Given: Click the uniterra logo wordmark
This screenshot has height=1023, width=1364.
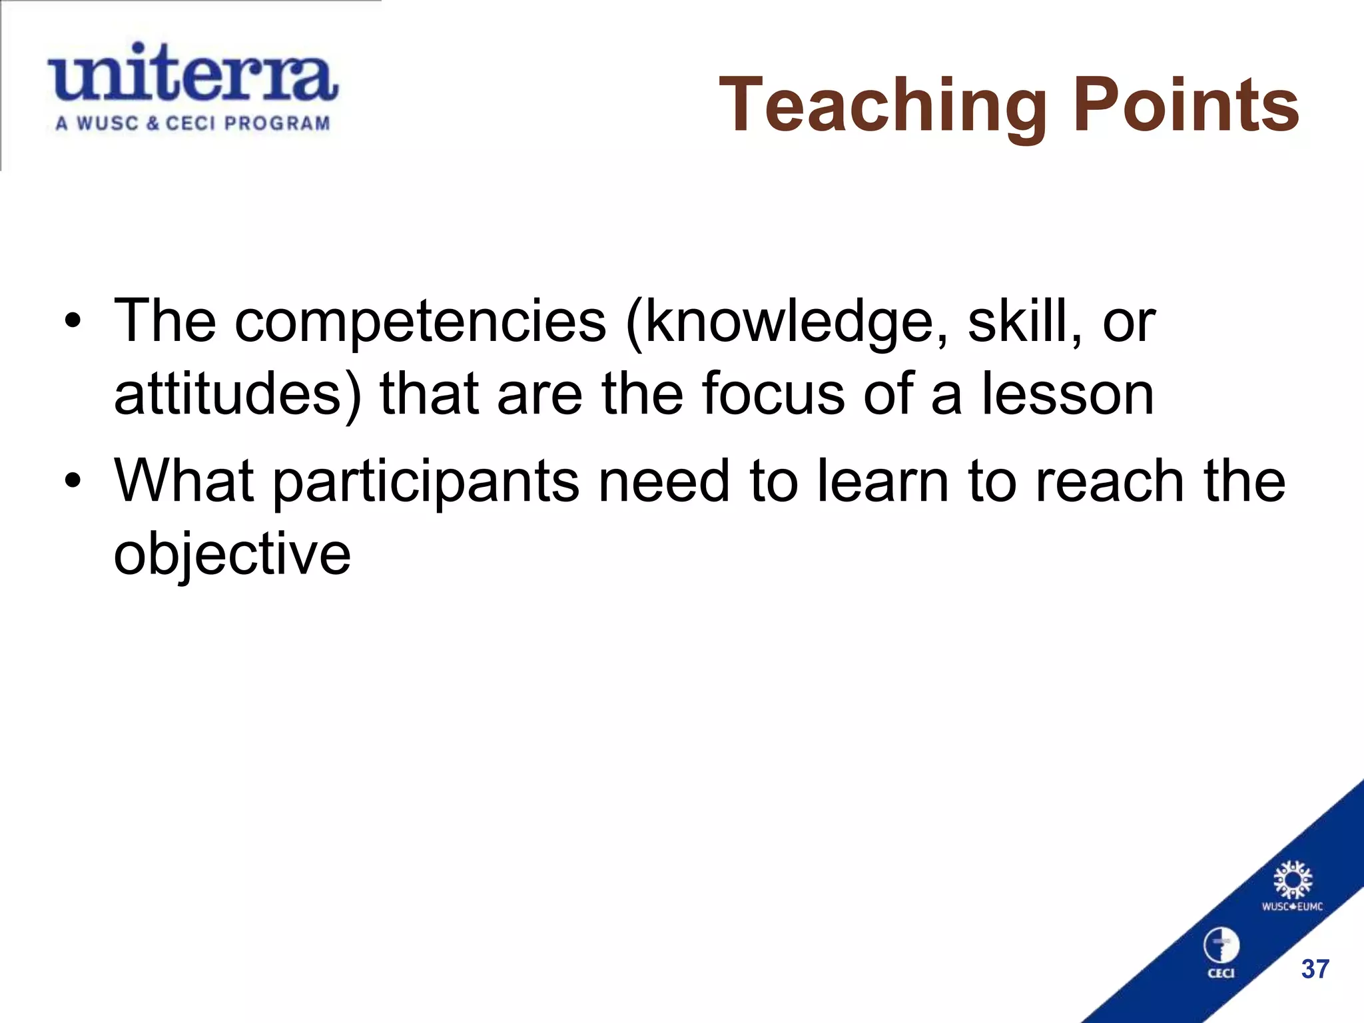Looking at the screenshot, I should [192, 73].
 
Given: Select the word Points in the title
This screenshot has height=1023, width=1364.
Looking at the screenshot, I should [1186, 105].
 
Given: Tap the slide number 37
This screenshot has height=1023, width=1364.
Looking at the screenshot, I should [1315, 969].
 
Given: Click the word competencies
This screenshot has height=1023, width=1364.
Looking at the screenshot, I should [420, 322].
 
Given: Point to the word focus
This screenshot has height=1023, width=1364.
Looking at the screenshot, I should [773, 394].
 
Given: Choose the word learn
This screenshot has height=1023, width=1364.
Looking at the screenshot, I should [882, 480].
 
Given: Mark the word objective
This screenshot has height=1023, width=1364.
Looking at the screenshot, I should [232, 555].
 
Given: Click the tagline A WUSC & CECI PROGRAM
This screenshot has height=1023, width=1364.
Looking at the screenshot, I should [192, 124].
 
